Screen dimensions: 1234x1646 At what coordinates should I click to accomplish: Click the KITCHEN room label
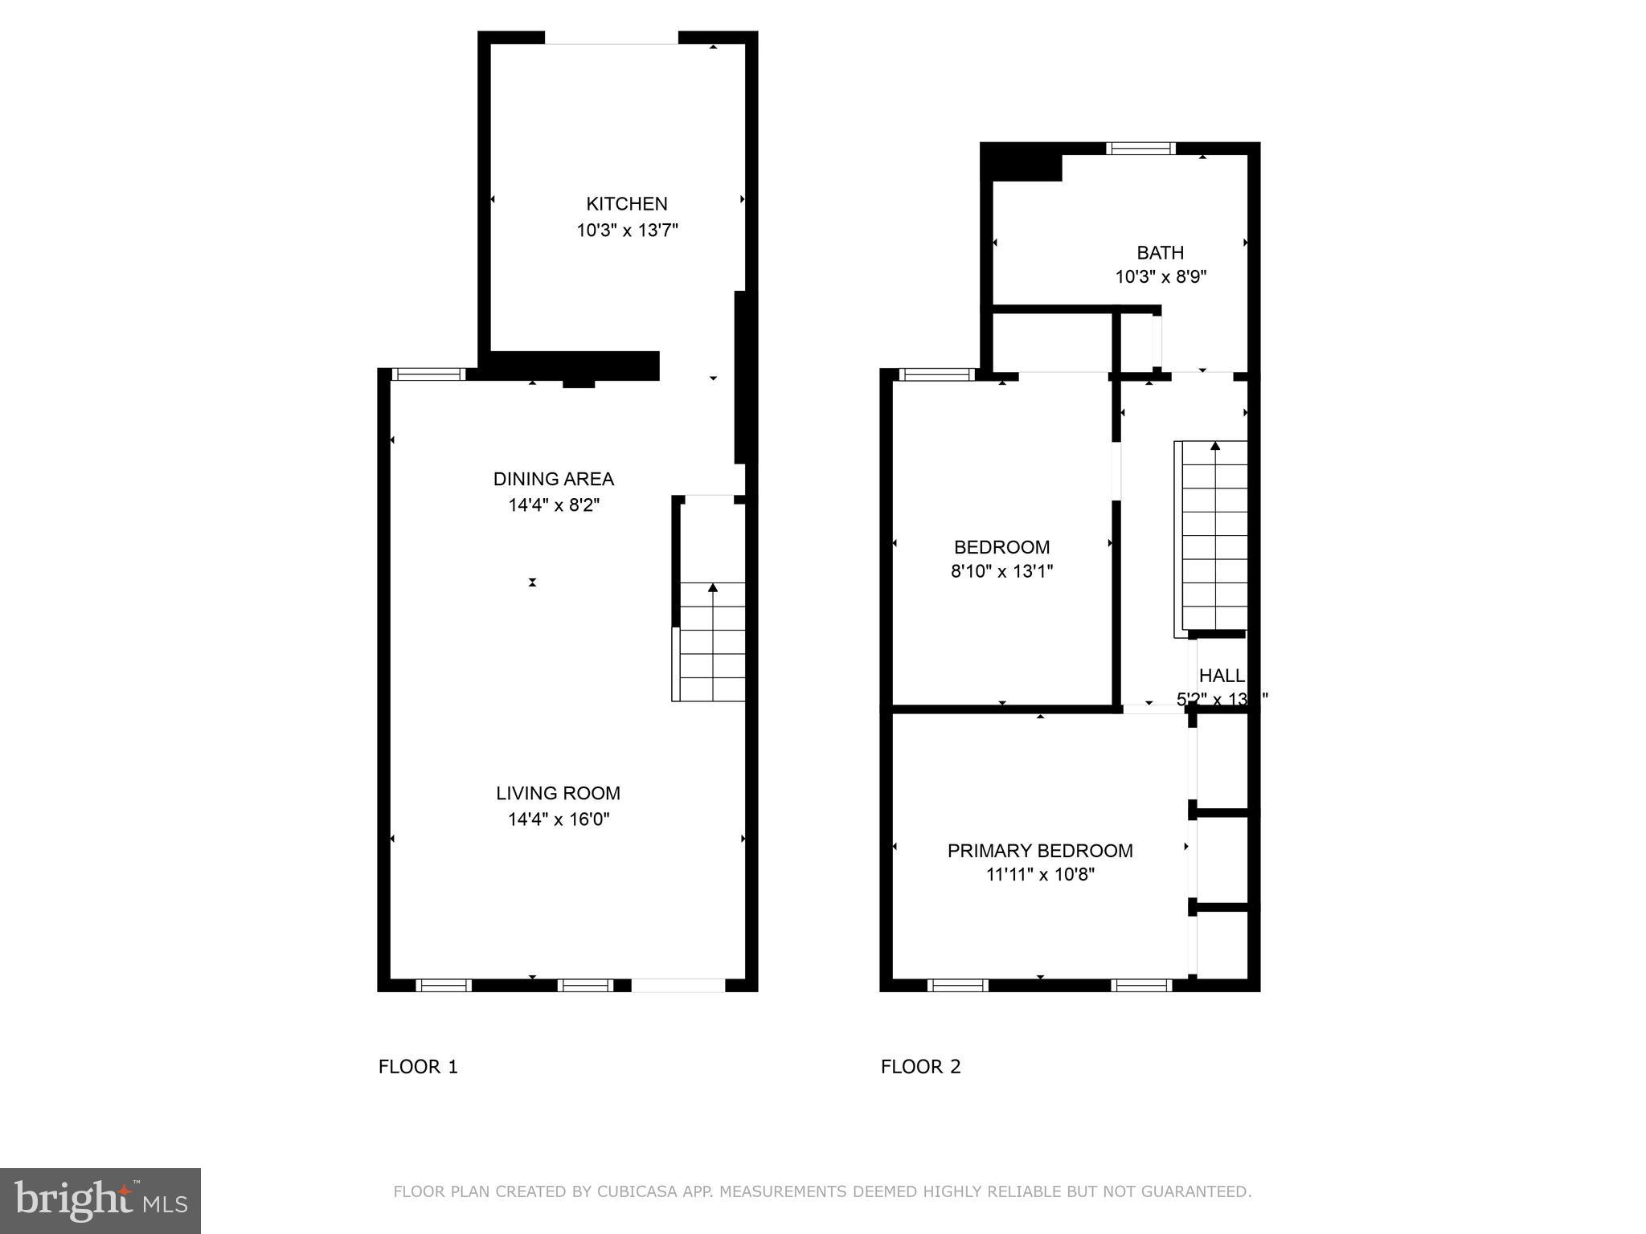[626, 204]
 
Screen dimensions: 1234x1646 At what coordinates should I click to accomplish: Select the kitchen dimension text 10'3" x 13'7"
[627, 231]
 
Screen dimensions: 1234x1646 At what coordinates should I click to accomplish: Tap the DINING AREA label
[553, 480]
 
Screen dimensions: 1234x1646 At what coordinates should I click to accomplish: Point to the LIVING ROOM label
[558, 794]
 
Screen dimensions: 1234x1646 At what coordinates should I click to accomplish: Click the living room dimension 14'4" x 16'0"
[559, 819]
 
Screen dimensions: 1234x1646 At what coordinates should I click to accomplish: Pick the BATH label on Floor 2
[1160, 253]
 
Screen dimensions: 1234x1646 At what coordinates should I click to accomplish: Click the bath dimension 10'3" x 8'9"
[1161, 277]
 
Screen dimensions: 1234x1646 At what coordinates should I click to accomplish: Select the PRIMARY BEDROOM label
[1040, 851]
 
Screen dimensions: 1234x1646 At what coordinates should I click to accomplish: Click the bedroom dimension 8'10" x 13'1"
[1001, 571]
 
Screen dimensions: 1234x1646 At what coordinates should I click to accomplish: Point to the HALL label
[1222, 676]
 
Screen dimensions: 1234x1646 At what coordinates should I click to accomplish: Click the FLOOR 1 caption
[418, 1067]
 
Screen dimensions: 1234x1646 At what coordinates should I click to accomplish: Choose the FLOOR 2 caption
[920, 1067]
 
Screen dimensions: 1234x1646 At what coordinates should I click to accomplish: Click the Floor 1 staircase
[712, 643]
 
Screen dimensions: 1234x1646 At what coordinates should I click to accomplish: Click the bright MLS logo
[100, 1201]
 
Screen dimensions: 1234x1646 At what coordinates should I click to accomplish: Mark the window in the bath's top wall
[1140, 149]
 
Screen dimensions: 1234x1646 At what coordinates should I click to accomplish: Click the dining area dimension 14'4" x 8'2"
[554, 505]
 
